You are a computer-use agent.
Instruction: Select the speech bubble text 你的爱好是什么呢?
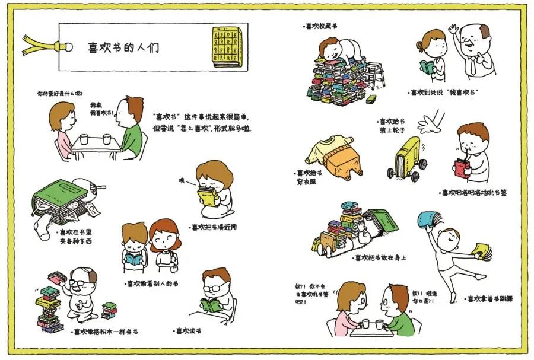(x=59, y=94)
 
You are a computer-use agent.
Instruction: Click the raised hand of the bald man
(x=453, y=29)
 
